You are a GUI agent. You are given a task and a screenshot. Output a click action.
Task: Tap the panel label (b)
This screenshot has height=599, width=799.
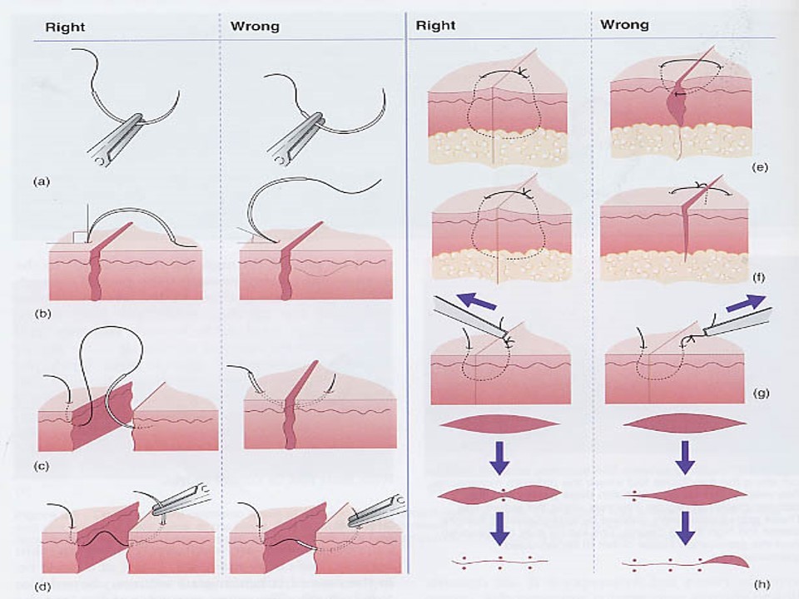(39, 314)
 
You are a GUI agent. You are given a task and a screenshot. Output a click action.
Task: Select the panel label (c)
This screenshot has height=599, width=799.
(39, 465)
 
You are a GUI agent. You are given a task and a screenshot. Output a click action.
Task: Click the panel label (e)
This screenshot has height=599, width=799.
(758, 167)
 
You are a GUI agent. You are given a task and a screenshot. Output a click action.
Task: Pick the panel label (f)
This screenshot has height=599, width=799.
(758, 274)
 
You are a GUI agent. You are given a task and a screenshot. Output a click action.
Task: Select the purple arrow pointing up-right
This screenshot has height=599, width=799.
(743, 303)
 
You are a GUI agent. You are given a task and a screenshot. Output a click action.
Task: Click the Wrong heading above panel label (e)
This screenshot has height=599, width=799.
(624, 26)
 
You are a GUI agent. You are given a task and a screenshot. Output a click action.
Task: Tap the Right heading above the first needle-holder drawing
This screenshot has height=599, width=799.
(65, 27)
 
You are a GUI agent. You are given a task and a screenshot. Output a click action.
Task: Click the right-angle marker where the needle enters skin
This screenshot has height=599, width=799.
(78, 238)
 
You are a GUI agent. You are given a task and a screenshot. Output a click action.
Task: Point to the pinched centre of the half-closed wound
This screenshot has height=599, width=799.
(502, 493)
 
